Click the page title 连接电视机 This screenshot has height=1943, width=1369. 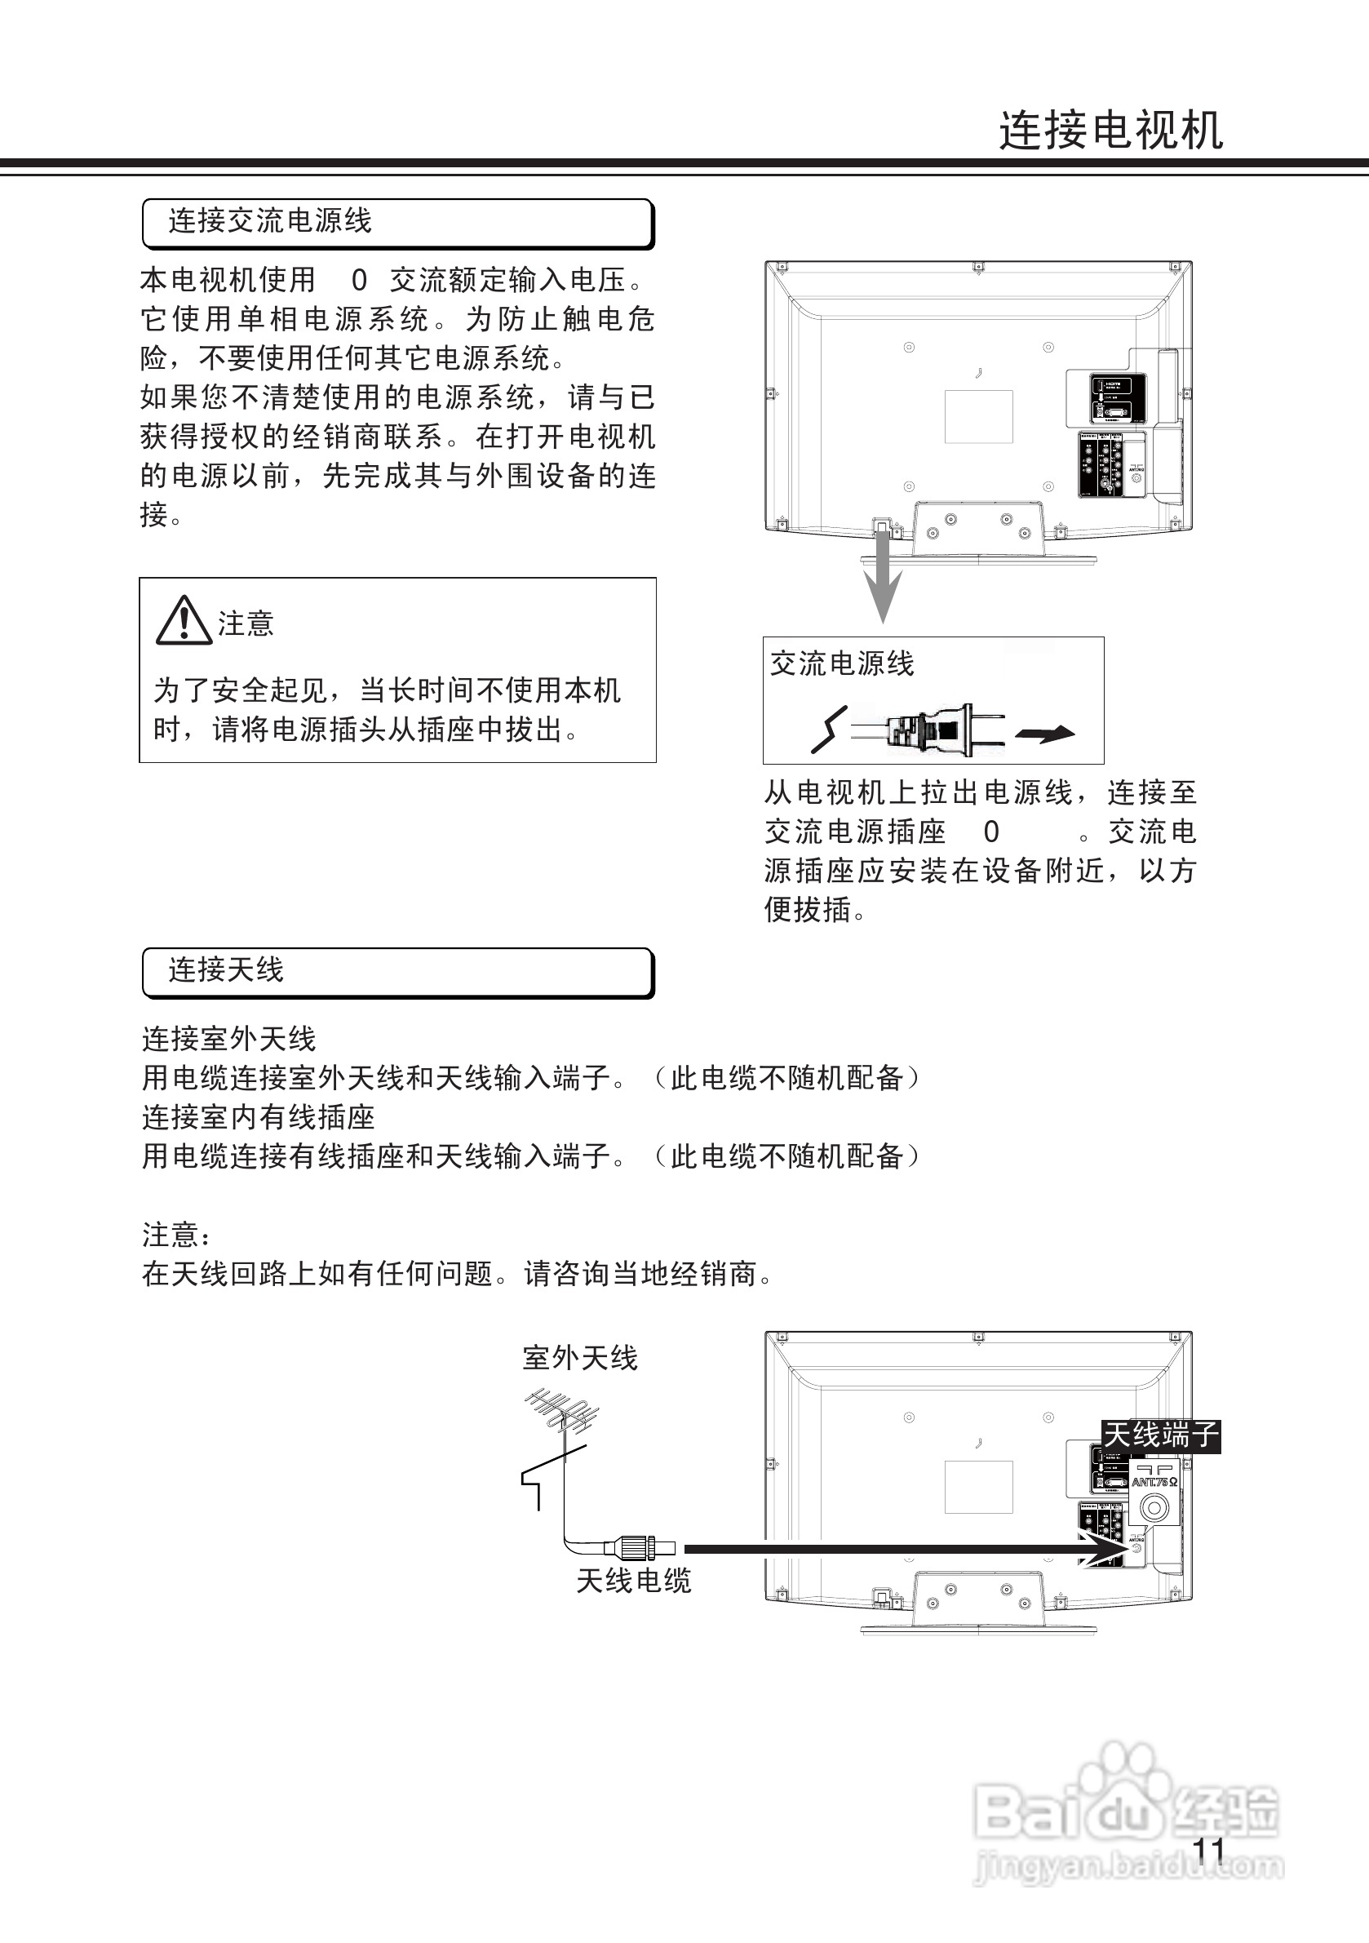point(1110,131)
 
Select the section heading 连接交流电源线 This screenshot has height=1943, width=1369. point(270,221)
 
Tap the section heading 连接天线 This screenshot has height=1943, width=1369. point(226,969)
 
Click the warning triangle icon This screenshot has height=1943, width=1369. point(184,621)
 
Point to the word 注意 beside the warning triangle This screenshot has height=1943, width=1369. point(246,623)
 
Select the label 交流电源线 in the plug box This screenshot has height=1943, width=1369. point(842,663)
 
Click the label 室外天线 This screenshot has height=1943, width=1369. point(579,1358)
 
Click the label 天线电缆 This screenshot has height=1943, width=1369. point(634,1581)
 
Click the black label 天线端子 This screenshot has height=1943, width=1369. point(1161,1435)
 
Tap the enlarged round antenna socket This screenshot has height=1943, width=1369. point(1154,1507)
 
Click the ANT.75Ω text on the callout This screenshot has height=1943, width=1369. point(1154,1482)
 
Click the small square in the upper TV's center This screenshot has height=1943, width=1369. point(978,416)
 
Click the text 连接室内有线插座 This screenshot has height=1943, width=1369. point(258,1117)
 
